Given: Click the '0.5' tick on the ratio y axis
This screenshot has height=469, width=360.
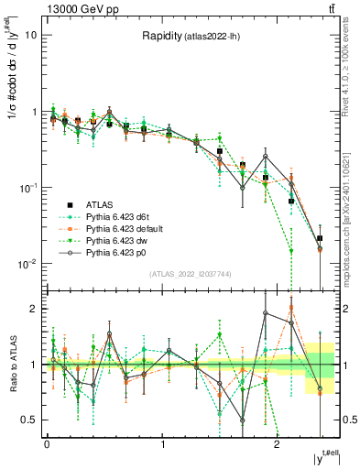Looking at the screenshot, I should pos(28,420).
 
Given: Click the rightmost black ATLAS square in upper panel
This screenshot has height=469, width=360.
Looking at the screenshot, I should pos(319,238).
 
